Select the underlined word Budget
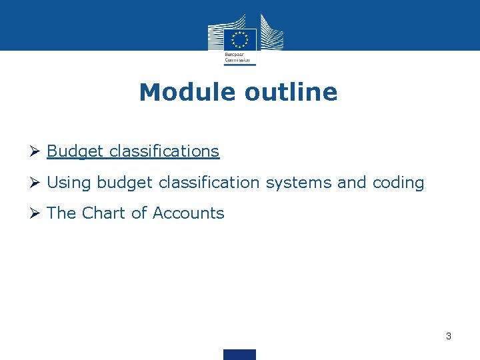click(x=75, y=151)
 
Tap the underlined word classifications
click(x=164, y=151)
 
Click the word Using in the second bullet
click(x=69, y=182)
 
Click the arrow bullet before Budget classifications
click(x=37, y=151)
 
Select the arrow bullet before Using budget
click(x=37, y=182)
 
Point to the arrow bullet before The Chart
click(x=37, y=213)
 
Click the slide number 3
click(x=449, y=336)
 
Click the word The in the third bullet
click(x=61, y=213)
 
